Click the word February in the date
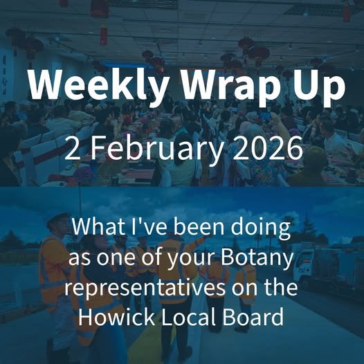pyautogui.click(x=152, y=149)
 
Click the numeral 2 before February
pyautogui.click(x=71, y=149)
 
